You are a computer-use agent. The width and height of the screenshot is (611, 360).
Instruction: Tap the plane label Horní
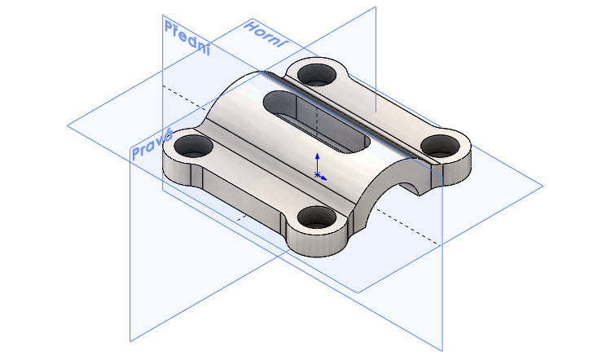coord(265,35)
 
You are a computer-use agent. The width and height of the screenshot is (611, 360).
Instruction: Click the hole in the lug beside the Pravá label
coord(194,147)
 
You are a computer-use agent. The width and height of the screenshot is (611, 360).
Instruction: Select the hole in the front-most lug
coord(315,218)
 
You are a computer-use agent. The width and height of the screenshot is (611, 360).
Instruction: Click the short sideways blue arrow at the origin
coord(323,177)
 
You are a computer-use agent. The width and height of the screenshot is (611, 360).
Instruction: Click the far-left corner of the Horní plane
coord(67,126)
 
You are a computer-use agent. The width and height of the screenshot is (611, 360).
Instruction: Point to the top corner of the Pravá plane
coord(374,7)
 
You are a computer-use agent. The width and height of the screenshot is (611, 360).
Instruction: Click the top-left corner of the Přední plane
coord(161,14)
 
